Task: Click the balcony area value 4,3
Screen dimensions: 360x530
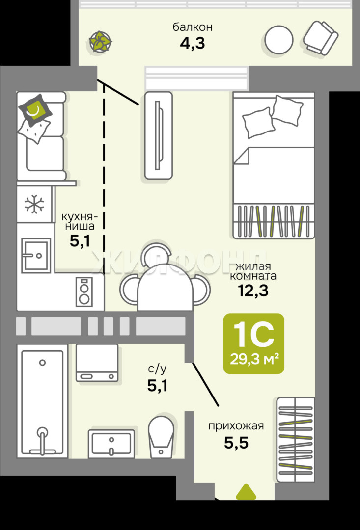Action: click(193, 43)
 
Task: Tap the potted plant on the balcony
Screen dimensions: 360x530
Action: click(100, 41)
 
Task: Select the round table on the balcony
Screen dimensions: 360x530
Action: click(279, 40)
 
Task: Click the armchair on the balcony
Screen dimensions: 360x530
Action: click(320, 37)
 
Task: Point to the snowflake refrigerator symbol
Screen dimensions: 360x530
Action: click(34, 204)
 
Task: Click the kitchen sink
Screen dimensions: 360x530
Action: click(36, 255)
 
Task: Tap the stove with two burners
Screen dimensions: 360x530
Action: click(84, 291)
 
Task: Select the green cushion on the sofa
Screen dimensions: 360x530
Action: click(35, 110)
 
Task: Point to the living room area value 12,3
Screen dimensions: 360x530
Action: click(253, 291)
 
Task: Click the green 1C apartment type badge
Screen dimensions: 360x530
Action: click(253, 344)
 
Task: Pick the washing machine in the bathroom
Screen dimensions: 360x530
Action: click(97, 363)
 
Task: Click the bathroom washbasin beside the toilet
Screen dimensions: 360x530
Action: click(111, 444)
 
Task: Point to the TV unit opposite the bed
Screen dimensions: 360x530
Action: click(159, 135)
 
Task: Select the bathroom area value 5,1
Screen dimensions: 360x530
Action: click(157, 386)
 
